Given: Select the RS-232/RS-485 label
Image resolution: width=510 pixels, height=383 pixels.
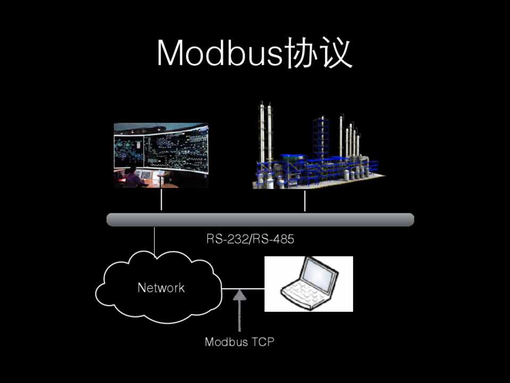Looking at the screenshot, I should pos(250,239).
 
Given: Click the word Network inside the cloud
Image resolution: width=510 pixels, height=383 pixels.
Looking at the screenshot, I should pos(161,288).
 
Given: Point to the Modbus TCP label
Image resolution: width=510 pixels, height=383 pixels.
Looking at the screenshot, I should pos(240,342).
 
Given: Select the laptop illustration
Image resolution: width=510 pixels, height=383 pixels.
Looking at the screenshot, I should pos(308,284).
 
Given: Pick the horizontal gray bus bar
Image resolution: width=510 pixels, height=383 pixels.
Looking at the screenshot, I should pos(260,220).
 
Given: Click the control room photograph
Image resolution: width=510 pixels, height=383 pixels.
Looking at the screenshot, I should pos(161,155).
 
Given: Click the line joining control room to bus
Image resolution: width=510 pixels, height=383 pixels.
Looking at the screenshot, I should pos(161,201).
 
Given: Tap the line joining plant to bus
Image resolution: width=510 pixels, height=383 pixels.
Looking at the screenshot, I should pos(305,201).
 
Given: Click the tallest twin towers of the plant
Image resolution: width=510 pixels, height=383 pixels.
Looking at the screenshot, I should pos(265,128).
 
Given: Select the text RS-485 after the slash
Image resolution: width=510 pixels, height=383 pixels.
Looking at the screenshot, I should pos(273,239).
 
